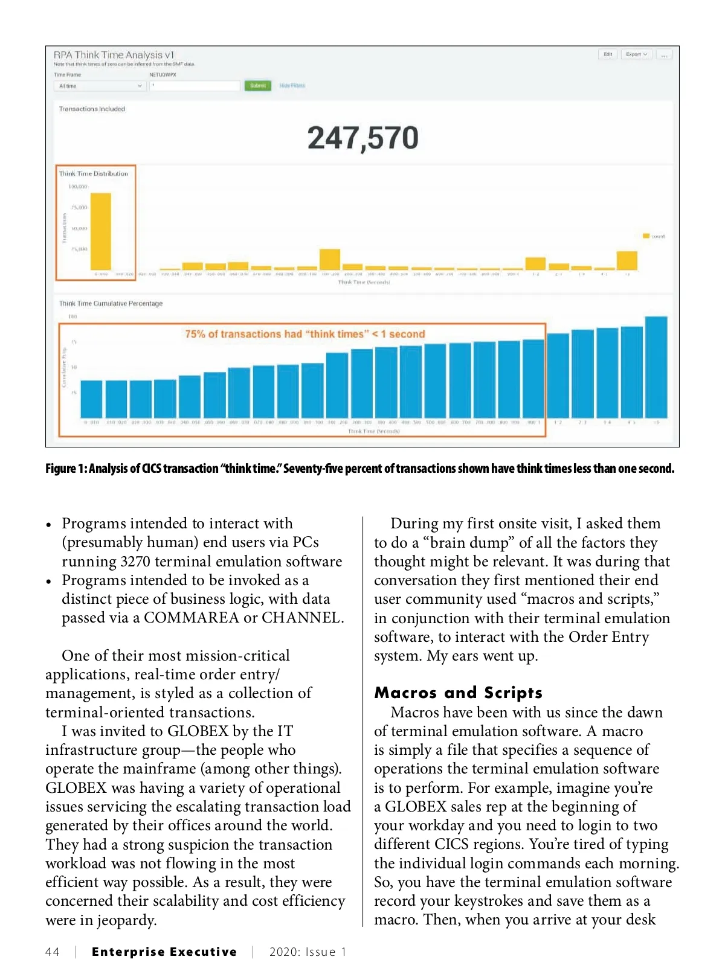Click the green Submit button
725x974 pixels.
click(257, 86)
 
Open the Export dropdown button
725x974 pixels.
click(636, 54)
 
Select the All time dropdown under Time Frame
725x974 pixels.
click(100, 86)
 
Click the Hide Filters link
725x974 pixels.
click(292, 86)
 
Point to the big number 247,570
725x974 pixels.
click(362, 138)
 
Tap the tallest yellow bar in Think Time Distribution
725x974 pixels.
click(101, 231)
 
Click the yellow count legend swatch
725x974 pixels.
click(645, 236)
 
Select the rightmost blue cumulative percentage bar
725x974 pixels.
click(656, 367)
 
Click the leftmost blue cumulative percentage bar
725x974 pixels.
click(92, 399)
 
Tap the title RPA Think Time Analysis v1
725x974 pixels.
click(114, 54)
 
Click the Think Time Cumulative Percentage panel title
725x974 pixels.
click(111, 304)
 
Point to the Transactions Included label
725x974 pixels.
click(92, 109)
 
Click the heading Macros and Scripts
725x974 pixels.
click(458, 693)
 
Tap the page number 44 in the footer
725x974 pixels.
click(53, 952)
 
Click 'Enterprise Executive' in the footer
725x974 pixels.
click(164, 952)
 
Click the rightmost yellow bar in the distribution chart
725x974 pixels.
click(627, 260)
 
